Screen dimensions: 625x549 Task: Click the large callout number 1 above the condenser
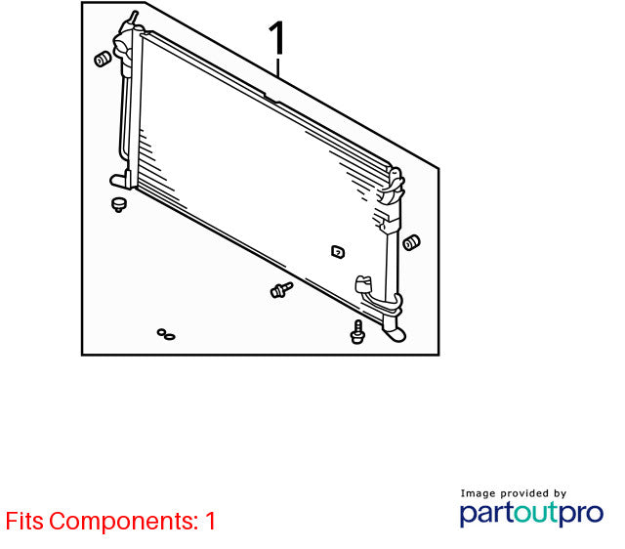[x=277, y=38]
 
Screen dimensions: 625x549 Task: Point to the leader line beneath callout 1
[x=277, y=67]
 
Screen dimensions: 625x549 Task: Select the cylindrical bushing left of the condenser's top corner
[x=103, y=59]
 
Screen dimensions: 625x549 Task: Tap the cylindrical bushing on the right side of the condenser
[x=411, y=243]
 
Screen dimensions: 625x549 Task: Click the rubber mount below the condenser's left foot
[x=118, y=204]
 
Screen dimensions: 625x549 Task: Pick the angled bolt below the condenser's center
[x=281, y=290]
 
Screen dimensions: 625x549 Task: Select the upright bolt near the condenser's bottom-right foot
[x=358, y=332]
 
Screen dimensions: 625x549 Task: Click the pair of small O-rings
[x=166, y=334]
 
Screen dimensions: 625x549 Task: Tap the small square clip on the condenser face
[x=338, y=252]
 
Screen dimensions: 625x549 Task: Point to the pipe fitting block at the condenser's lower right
[x=363, y=284]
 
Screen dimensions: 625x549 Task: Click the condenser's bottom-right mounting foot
[x=394, y=333]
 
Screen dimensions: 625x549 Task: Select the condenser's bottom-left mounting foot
[x=119, y=181]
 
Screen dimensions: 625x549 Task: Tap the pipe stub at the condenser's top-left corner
[x=133, y=19]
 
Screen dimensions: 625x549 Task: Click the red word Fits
[x=24, y=521]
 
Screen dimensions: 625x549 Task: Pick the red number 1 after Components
[x=211, y=521]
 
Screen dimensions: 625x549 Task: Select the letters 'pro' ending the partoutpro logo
[x=582, y=514]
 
